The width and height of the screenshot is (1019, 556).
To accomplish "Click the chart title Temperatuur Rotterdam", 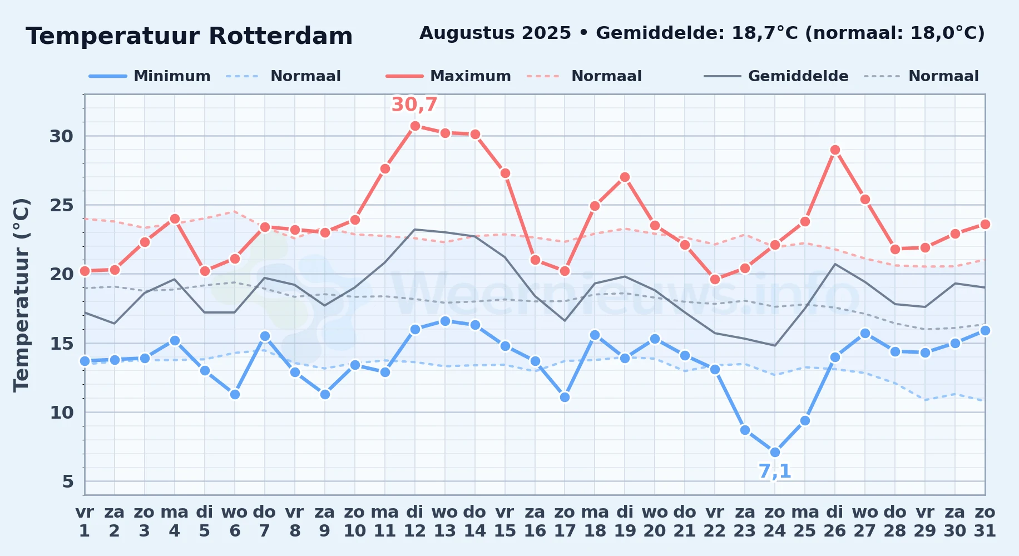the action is pyautogui.click(x=189, y=36).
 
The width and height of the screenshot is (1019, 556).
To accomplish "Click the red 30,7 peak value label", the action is pyautogui.click(x=414, y=105).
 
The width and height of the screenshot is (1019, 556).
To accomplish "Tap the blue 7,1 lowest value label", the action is pyautogui.click(x=775, y=471).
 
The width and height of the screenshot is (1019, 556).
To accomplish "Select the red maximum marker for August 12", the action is pyautogui.click(x=415, y=126).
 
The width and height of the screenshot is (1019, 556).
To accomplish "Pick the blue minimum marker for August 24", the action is pyautogui.click(x=775, y=453).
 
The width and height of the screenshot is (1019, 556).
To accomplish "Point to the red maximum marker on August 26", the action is pyautogui.click(x=835, y=150).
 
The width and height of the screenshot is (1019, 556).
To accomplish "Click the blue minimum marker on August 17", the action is pyautogui.click(x=565, y=397).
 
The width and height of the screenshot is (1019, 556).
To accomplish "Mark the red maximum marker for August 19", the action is pyautogui.click(x=625, y=177).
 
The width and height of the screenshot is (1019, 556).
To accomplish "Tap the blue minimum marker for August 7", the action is pyautogui.click(x=265, y=336).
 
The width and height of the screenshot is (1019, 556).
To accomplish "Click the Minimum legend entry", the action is pyautogui.click(x=150, y=76).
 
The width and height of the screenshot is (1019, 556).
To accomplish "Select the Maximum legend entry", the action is pyautogui.click(x=448, y=76).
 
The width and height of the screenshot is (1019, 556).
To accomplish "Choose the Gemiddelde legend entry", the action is pyautogui.click(x=776, y=76).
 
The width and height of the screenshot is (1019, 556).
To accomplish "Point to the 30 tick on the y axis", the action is pyautogui.click(x=61, y=136).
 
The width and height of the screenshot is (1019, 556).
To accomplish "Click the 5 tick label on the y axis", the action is pyautogui.click(x=68, y=481).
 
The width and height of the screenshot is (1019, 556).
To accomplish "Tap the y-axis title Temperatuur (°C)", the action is pyautogui.click(x=21, y=295).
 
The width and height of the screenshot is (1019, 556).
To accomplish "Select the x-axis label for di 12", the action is pyautogui.click(x=415, y=522).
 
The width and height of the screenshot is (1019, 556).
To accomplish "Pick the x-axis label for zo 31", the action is pyautogui.click(x=985, y=522).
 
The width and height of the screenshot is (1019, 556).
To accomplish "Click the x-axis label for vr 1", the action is pyautogui.click(x=85, y=522).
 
